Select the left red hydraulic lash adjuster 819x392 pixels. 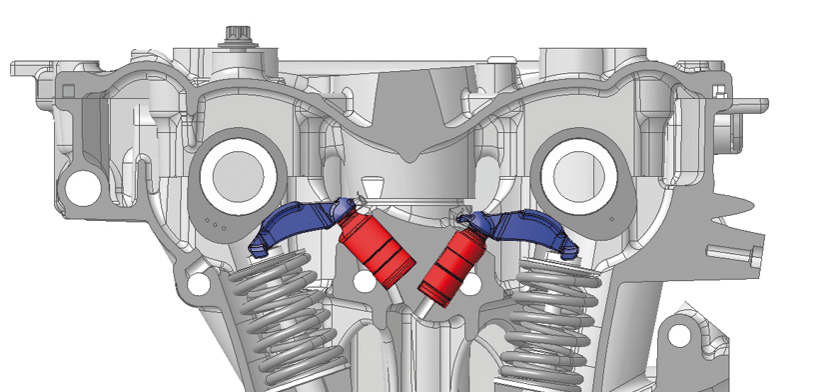pyautogui.click(x=378, y=247)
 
